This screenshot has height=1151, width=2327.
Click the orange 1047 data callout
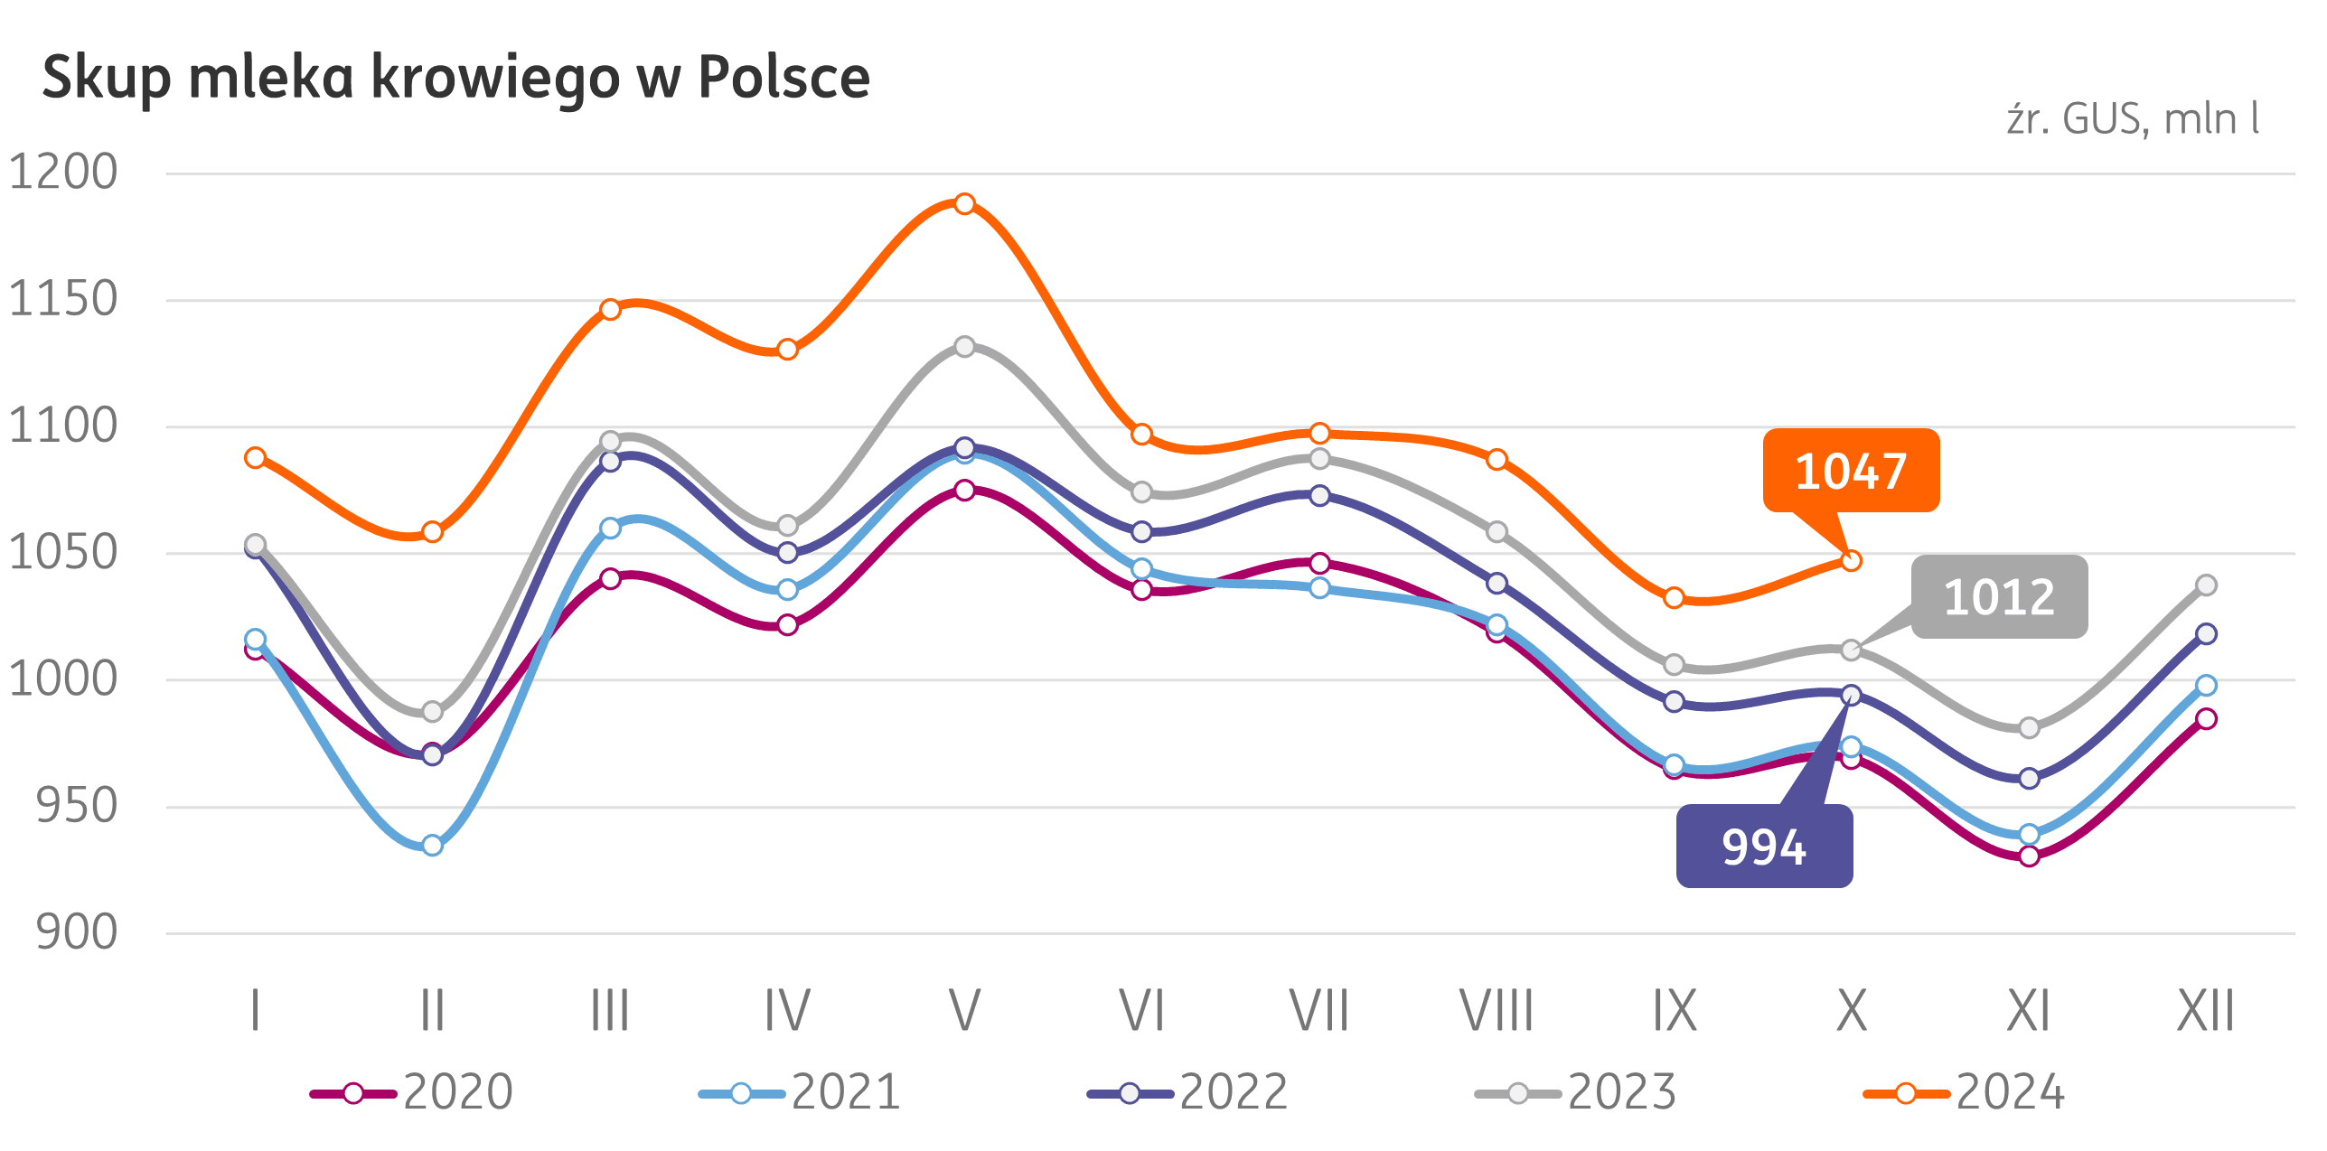pos(1850,471)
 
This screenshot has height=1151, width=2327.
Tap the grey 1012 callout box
pos(1998,597)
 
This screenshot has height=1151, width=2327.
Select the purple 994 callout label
pos(1764,847)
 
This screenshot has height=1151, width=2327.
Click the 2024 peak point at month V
pos(964,203)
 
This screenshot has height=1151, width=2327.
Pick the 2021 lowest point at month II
pos(432,846)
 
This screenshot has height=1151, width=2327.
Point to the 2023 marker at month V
pos(964,347)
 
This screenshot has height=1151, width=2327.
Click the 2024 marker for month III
pos(610,310)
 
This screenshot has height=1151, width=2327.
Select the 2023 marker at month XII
pos(2206,585)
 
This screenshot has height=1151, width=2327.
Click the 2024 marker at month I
pos(255,458)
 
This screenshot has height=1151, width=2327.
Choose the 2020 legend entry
pos(412,1093)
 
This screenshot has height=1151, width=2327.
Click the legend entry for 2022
pos(1187,1093)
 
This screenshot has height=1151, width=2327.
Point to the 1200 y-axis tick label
pos(63,173)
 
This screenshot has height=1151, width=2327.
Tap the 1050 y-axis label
pos(63,553)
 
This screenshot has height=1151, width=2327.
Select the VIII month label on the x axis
pos(1497,1011)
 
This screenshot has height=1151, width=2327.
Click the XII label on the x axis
pos(2205,1011)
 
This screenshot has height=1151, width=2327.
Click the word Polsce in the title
pos(783,78)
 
